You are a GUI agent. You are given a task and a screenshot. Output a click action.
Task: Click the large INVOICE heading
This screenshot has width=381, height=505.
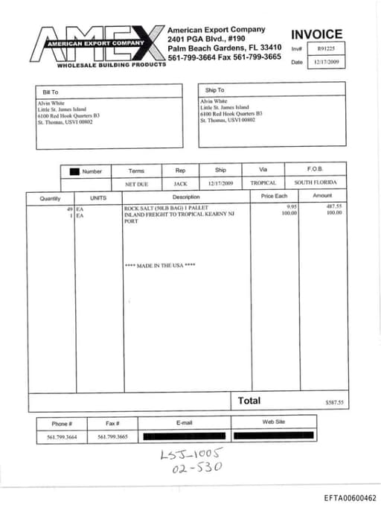pos(316,34)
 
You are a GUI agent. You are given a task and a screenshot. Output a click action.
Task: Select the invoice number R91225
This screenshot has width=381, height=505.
pos(327,49)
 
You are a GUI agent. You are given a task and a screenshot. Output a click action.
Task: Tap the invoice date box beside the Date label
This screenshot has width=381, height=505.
pos(327,63)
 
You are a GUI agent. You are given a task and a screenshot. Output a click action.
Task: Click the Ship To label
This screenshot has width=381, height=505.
pos(214,89)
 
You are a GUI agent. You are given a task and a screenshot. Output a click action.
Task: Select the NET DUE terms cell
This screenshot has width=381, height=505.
pos(136,182)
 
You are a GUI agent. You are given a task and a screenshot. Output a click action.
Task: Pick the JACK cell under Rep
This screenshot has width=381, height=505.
pos(180,182)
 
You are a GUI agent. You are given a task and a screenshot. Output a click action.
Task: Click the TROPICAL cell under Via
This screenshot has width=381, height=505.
pos(263,182)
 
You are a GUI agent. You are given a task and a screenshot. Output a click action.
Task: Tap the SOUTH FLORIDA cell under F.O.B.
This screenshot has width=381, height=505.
pos(316,182)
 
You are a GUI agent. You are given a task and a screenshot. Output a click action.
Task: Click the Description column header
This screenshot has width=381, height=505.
pos(186,197)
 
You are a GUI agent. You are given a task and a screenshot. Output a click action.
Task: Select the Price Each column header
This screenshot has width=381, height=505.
pos(274,196)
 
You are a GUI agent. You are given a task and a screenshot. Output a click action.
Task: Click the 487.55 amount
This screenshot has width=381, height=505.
pos(334,206)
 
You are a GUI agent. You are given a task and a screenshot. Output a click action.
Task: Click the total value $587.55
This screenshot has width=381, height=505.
pos(335,403)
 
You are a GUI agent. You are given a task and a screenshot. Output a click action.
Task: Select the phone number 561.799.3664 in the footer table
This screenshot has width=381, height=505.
pos(62,436)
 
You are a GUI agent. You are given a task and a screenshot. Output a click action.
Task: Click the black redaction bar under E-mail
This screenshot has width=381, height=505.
pos(184,436)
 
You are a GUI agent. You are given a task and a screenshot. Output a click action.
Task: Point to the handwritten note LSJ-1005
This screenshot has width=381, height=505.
pos(192,454)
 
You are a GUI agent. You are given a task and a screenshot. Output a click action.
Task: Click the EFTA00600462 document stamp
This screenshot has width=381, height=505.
pos(350,498)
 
